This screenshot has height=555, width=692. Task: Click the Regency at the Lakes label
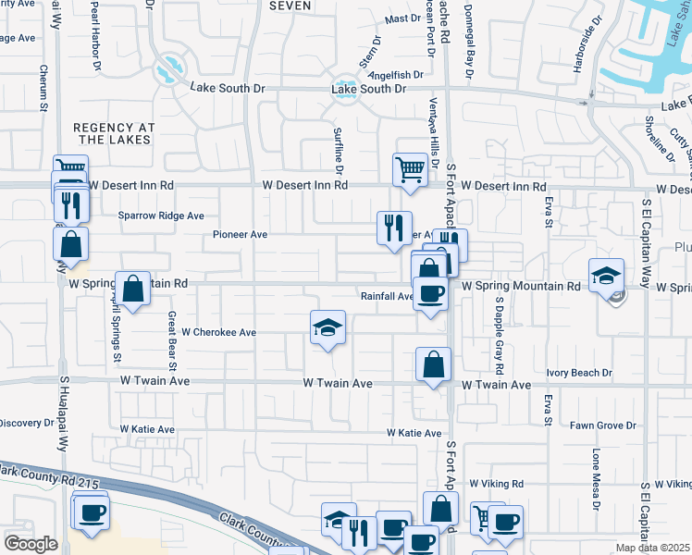pos(111,133)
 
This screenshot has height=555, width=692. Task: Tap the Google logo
pos(30,544)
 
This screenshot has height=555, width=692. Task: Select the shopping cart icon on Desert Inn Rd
pos(410,169)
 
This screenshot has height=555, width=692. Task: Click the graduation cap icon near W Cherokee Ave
pos(327,327)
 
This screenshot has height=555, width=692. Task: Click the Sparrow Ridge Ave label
pos(161,216)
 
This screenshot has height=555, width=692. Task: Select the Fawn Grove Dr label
pos(602,425)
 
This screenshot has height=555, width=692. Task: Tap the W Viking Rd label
pos(496,484)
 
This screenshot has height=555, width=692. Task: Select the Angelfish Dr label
pos(396,74)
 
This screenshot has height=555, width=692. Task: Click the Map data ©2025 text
pos(652,548)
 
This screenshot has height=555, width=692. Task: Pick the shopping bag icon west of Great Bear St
pos(133,288)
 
